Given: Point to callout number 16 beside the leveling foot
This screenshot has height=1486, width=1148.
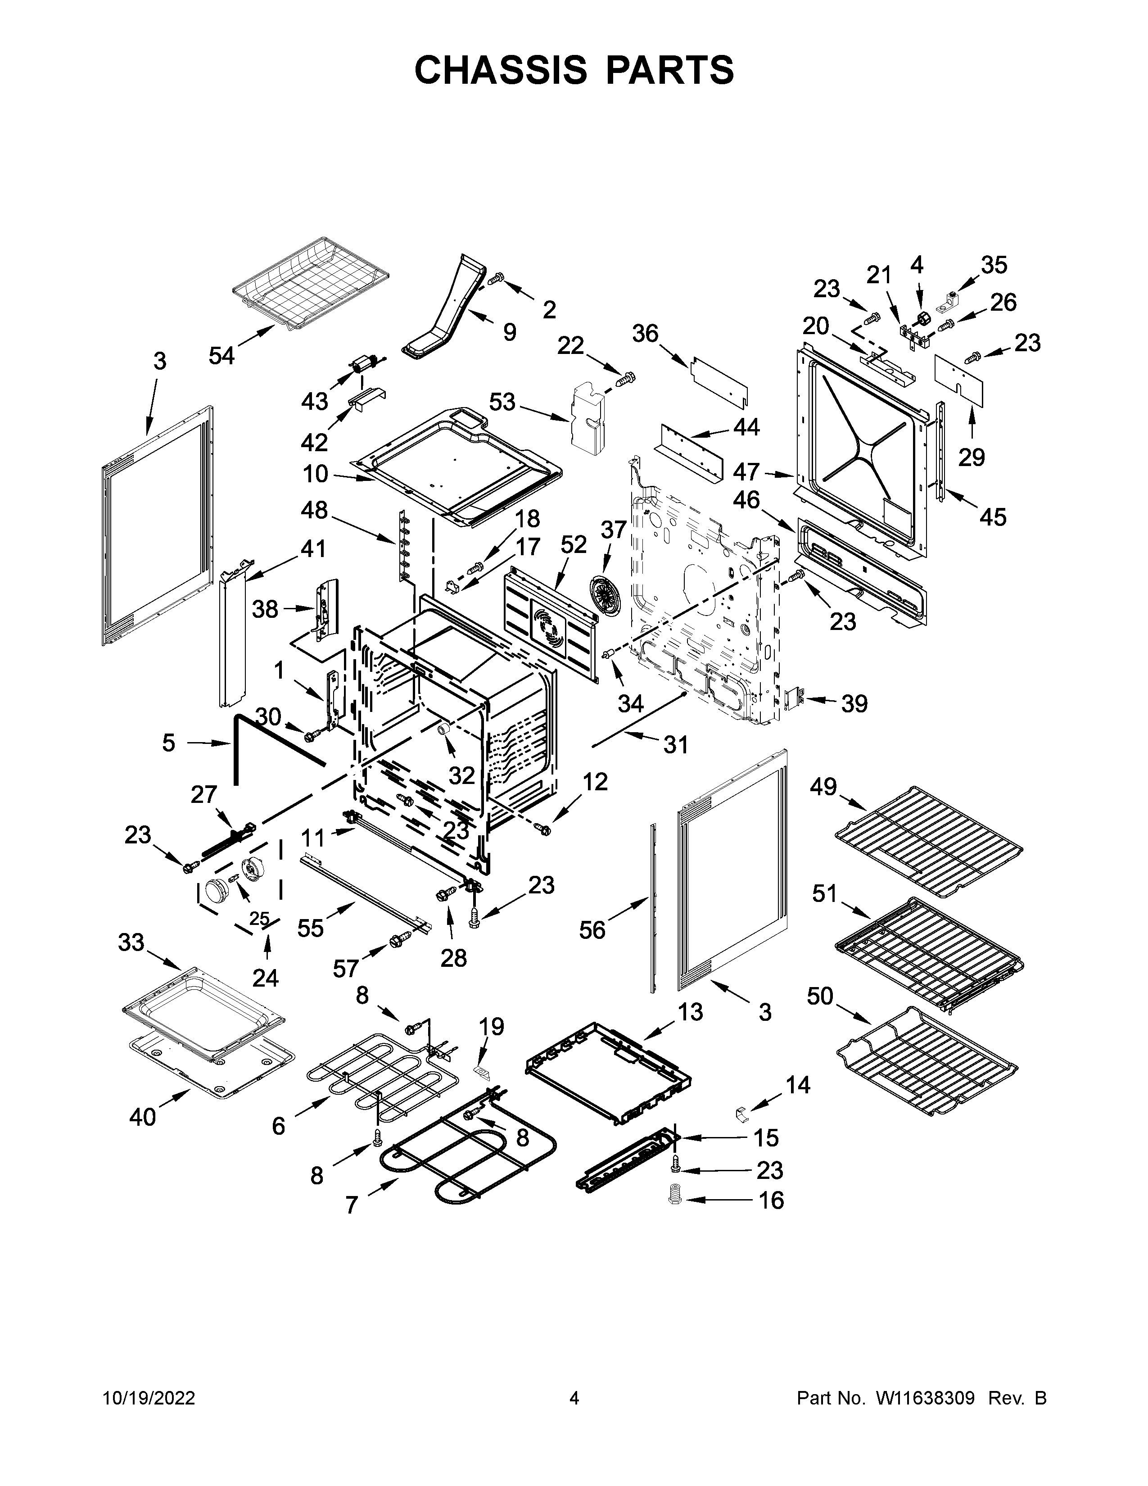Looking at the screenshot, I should [x=771, y=1200].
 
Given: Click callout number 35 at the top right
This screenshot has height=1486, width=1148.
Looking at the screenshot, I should [x=994, y=265].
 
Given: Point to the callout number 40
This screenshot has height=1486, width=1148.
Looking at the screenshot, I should [x=143, y=1117].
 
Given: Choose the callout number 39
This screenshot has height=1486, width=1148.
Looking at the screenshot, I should [x=854, y=703].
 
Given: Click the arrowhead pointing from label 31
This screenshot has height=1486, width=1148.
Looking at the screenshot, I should [x=596, y=746].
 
